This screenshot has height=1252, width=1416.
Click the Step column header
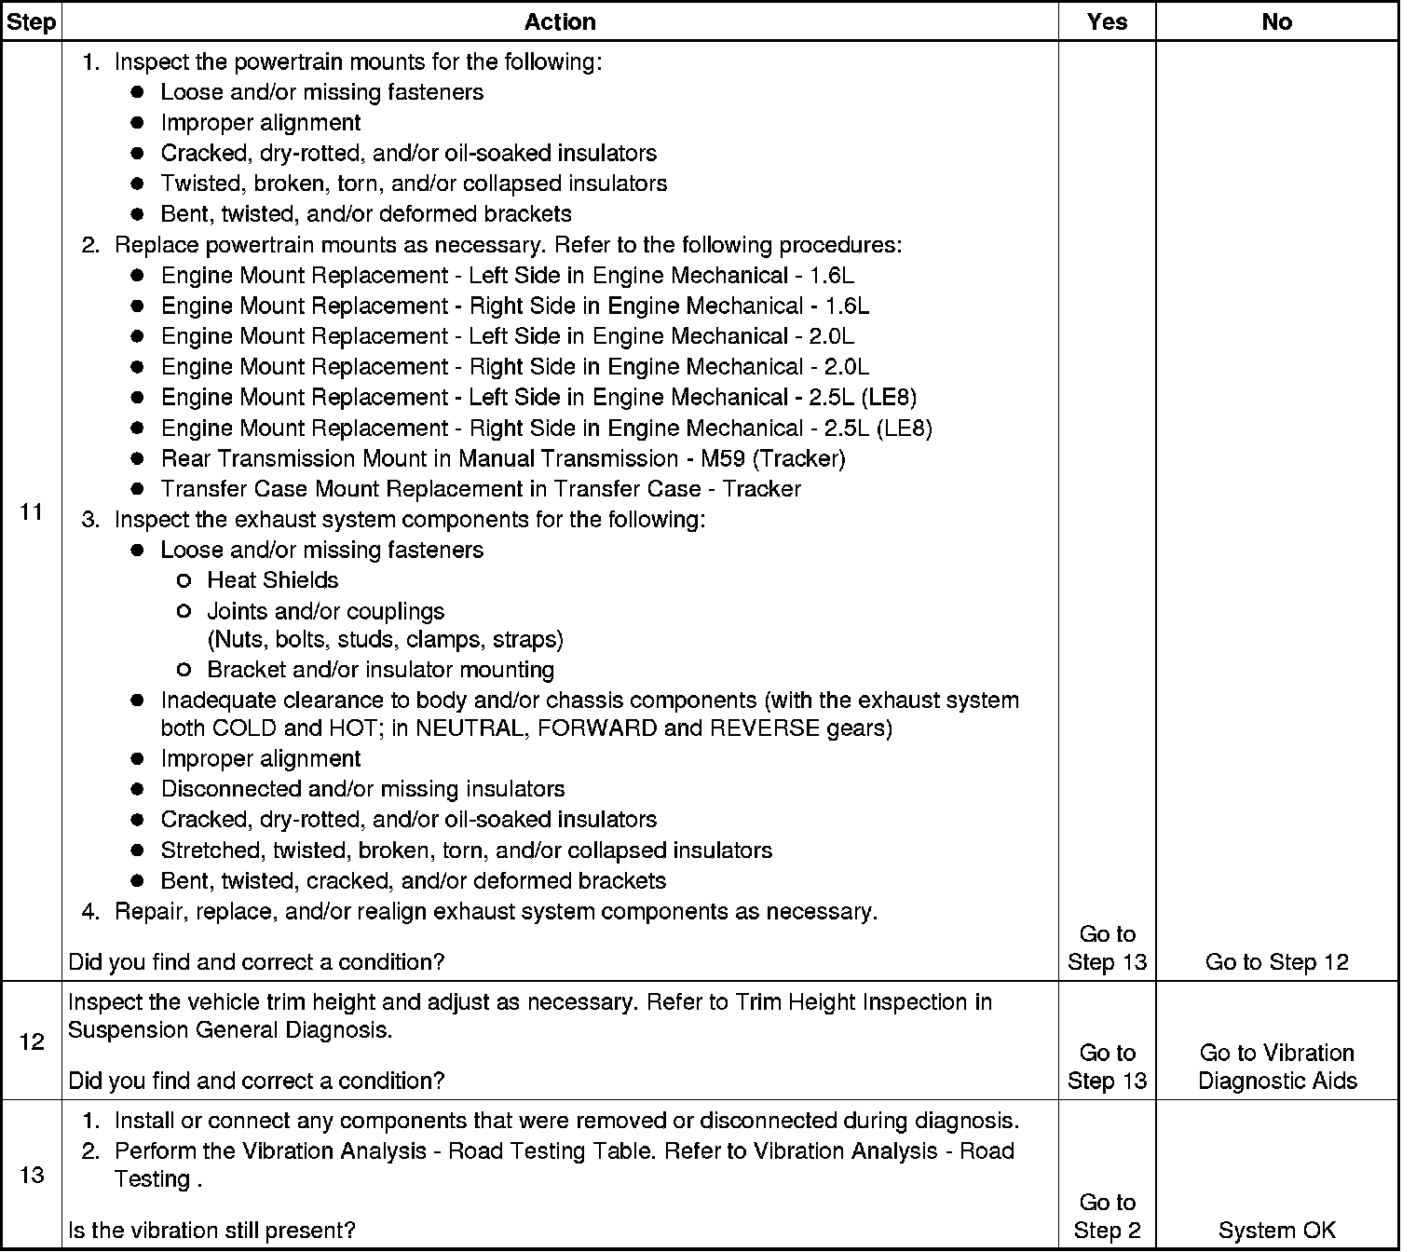click(31, 21)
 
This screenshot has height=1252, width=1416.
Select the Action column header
click(560, 21)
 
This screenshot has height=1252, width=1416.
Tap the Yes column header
click(1107, 21)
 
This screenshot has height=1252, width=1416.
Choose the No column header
click(1276, 21)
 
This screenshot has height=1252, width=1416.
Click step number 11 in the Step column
click(31, 511)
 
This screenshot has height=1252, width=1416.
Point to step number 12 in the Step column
click(31, 1041)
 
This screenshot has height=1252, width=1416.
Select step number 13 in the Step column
click(31, 1175)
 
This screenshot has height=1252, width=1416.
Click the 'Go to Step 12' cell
click(1276, 961)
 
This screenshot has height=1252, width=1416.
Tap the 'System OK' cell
click(1276, 1230)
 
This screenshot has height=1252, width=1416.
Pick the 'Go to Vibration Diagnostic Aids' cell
click(1276, 1067)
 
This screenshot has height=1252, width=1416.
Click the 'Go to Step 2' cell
click(1107, 1216)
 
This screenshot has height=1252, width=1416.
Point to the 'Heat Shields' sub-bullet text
click(273, 580)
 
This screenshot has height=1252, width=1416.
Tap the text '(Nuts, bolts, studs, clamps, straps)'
click(386, 639)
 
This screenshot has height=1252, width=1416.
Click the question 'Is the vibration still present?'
click(212, 1230)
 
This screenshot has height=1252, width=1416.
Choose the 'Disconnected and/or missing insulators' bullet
click(362, 789)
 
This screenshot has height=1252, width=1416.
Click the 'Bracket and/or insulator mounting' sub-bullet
click(380, 670)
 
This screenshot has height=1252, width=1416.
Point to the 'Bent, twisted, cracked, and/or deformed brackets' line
click(414, 880)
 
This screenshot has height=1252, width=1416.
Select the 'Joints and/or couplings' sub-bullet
click(326, 611)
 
